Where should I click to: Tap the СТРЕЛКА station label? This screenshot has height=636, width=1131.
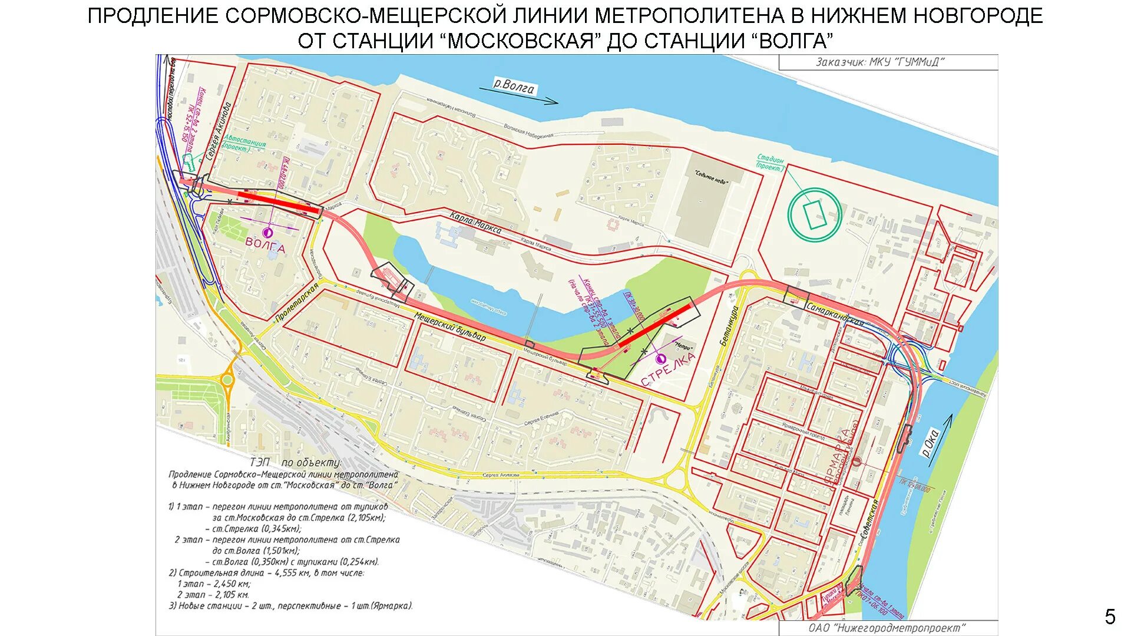coord(669,370)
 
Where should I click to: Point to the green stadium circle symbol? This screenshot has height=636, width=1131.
coord(815,214)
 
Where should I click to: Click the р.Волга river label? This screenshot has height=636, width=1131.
coord(514,87)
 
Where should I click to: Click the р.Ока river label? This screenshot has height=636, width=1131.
coord(930,443)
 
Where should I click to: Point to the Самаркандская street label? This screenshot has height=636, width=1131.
coord(835,314)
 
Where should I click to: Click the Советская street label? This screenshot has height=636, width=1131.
coord(869,518)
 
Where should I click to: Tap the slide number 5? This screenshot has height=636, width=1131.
coord(1110,617)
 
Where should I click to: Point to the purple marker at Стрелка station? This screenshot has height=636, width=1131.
coord(660,358)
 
